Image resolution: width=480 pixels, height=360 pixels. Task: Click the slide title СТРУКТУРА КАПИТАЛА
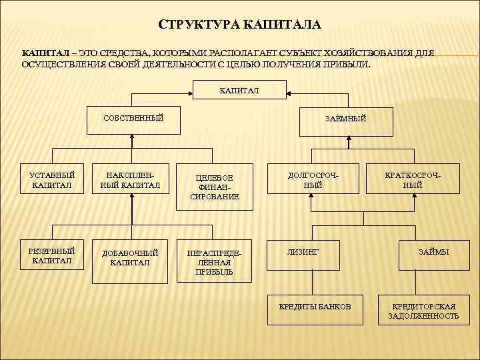pyautogui.click(x=240, y=25)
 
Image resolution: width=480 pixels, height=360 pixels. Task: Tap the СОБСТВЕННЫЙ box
pyautogui.click(x=133, y=118)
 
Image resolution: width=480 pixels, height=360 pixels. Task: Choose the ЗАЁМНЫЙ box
pyautogui.click(x=345, y=119)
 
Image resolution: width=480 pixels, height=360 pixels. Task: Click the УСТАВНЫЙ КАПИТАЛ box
pyautogui.click(x=51, y=180)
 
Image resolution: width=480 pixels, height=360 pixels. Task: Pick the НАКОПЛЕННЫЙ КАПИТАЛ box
pyautogui.click(x=130, y=180)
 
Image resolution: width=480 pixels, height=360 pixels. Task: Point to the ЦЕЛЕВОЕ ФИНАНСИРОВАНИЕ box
pyautogui.click(x=214, y=187)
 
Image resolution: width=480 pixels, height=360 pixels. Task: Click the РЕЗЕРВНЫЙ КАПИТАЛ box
pyautogui.click(x=51, y=255)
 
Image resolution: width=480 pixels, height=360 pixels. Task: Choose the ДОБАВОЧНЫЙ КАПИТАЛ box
pyautogui.click(x=130, y=258)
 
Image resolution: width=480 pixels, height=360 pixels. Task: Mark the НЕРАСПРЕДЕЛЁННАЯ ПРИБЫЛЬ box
pyautogui.click(x=214, y=263)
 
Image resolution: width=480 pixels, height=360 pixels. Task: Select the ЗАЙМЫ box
pyautogui.click(x=433, y=252)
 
